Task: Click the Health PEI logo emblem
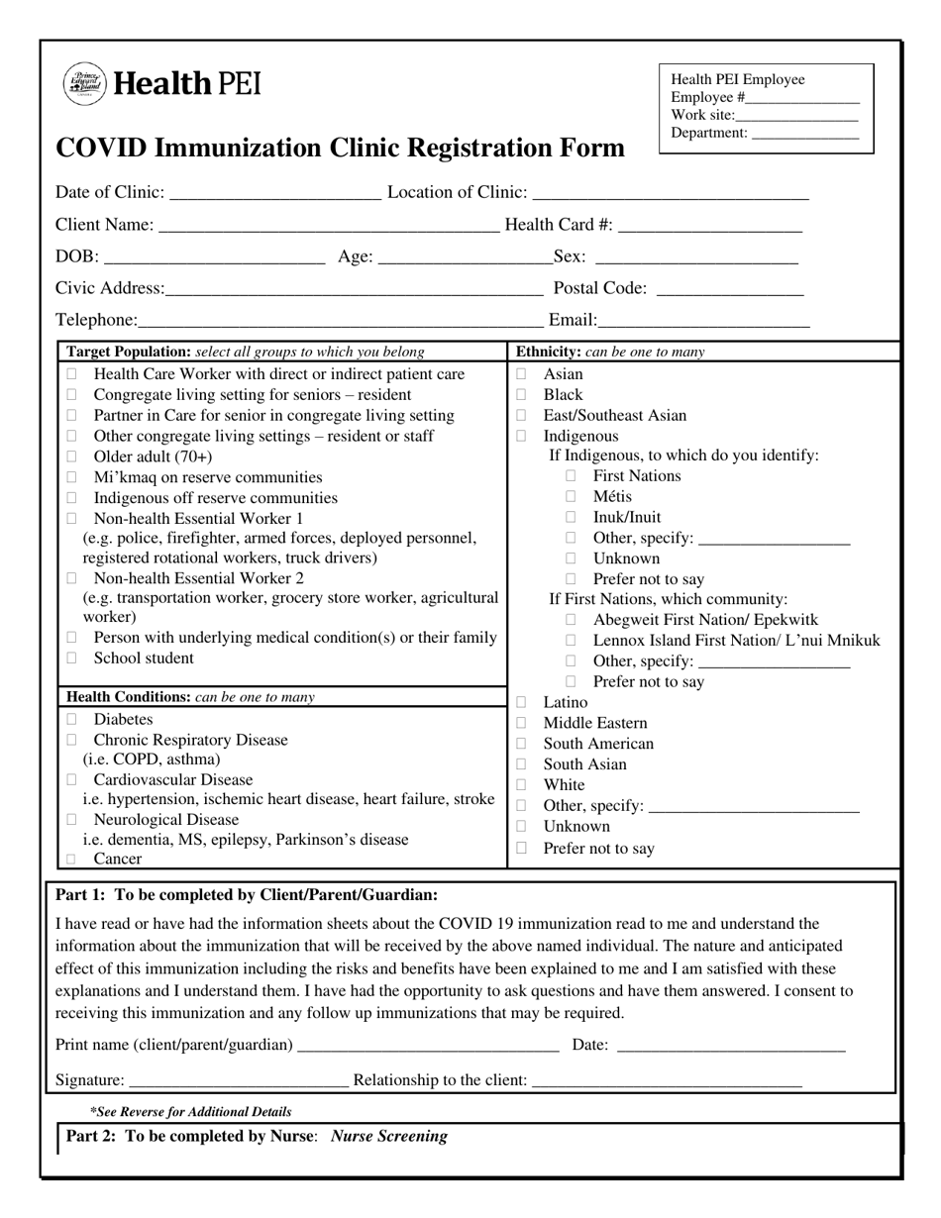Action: (83, 83)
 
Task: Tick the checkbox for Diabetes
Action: (71, 719)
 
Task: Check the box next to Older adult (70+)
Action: (71, 457)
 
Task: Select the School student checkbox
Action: (71, 659)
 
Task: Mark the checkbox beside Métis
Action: (571, 496)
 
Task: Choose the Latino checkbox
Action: (522, 702)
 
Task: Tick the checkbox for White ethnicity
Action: (522, 785)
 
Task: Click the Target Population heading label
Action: (128, 352)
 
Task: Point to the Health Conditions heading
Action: (129, 697)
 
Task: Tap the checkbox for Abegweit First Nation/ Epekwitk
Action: (571, 620)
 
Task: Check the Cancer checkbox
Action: (71, 860)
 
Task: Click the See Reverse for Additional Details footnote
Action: (191, 1112)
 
